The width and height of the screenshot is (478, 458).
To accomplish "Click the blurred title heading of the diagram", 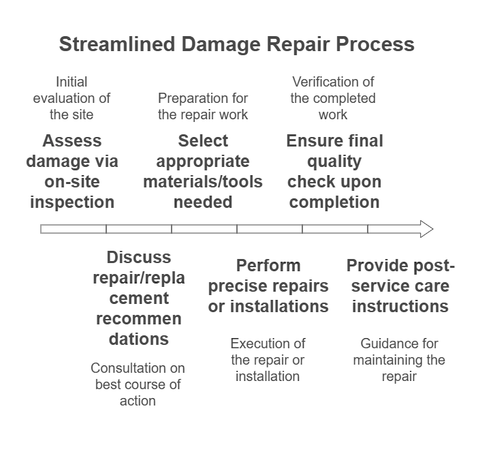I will [235, 45].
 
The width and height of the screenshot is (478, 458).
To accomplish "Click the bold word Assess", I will [72, 142].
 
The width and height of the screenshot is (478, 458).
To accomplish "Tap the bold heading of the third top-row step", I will [334, 142].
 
